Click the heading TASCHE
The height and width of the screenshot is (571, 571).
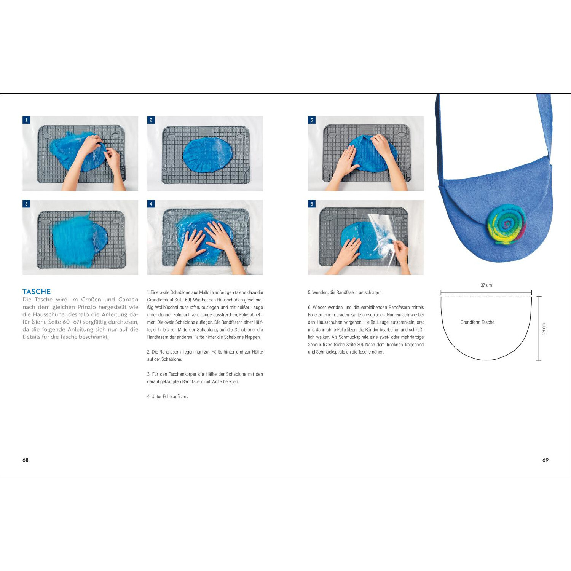coord(37,292)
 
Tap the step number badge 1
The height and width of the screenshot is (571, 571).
coord(26,120)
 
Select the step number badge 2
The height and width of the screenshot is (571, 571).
coord(151,120)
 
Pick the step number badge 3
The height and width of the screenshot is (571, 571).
coord(26,204)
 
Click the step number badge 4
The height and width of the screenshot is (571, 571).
coord(151,204)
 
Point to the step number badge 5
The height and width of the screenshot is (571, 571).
coord(312,120)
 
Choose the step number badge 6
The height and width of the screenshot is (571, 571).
coord(312,204)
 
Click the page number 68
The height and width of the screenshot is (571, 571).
coord(26,460)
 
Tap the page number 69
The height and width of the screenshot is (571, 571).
coord(545,460)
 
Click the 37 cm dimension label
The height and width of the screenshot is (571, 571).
coord(486,285)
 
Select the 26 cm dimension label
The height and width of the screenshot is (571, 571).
coord(544,329)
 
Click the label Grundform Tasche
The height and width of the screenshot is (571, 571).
coord(477,322)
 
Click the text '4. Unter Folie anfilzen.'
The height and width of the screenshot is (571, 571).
coord(167,397)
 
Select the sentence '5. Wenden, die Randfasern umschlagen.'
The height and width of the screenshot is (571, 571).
coord(345,293)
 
